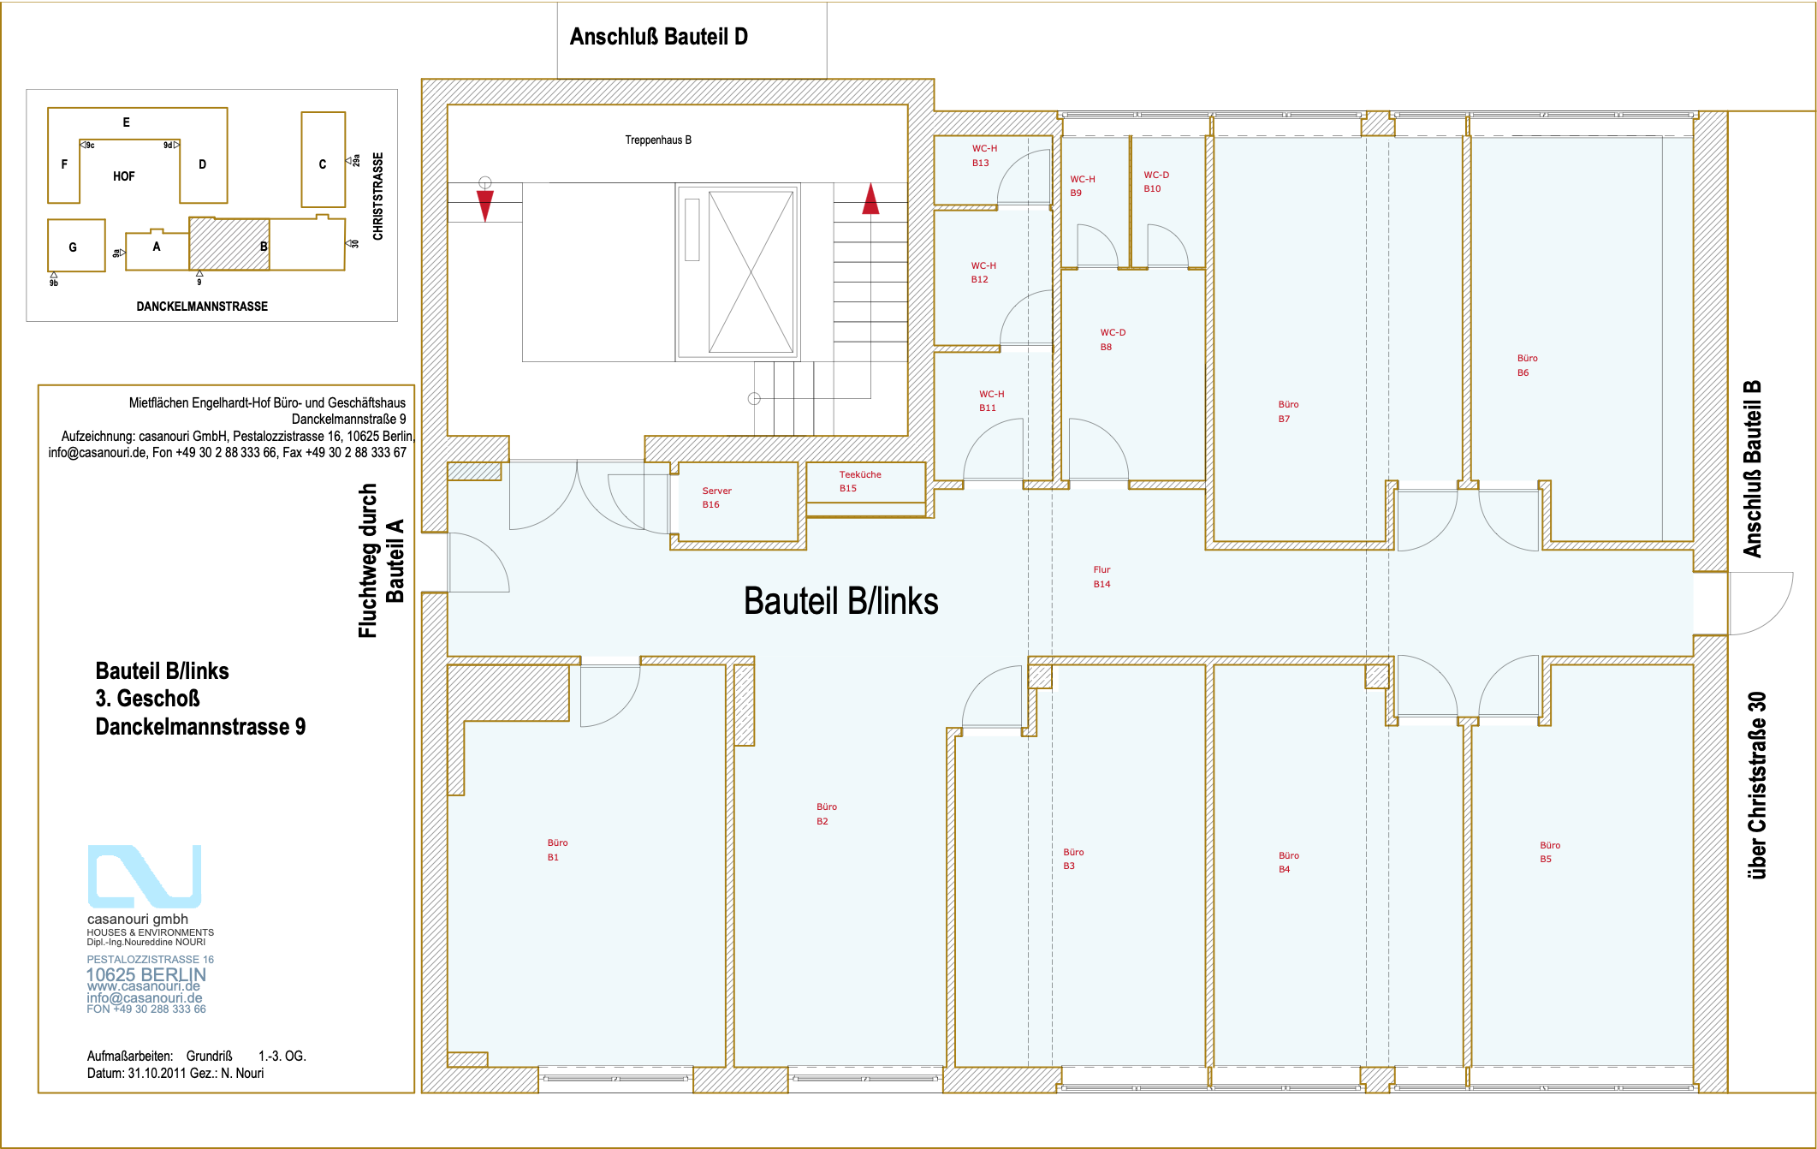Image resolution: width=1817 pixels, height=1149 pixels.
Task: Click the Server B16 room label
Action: (x=716, y=497)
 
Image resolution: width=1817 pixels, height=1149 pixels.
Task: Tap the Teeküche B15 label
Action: (x=859, y=481)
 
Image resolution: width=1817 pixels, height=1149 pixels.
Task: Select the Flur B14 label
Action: (x=1101, y=577)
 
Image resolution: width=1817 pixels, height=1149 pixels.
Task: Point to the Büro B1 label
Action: (x=557, y=850)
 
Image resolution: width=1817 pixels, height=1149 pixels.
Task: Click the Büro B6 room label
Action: (x=1527, y=366)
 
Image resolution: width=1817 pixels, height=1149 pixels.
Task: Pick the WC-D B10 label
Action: (x=1155, y=182)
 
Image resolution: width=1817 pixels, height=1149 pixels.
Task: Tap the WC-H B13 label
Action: (x=983, y=156)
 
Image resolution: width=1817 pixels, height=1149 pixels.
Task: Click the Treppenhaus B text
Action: (x=657, y=140)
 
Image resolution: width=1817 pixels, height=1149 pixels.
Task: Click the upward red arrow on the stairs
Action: (x=870, y=199)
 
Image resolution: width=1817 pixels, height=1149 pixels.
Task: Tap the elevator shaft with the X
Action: (x=751, y=271)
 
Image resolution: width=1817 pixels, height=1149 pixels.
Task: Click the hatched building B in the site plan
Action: (x=229, y=245)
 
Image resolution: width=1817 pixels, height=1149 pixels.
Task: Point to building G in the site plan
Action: (x=75, y=247)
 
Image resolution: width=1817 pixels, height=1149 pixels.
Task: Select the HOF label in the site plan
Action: (x=124, y=176)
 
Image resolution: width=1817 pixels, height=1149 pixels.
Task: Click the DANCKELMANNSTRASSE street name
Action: (x=202, y=307)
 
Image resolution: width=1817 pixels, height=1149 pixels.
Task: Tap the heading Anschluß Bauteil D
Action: (x=658, y=37)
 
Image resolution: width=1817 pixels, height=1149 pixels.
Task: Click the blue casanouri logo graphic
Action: (x=144, y=876)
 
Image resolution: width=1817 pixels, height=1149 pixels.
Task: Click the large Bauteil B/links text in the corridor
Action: (x=840, y=601)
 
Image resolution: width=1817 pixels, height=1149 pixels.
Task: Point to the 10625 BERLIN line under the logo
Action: (x=146, y=974)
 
